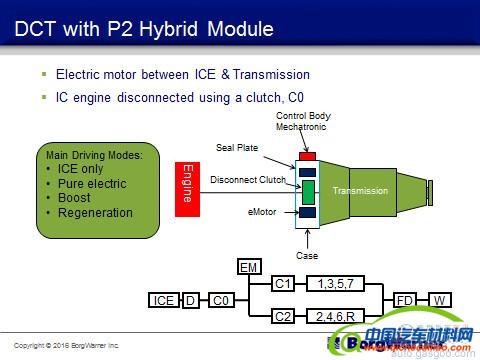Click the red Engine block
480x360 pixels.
pos(185,183)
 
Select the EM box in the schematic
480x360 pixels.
pos(249,267)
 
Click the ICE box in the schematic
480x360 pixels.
pos(163,300)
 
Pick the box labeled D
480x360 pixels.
pos(190,300)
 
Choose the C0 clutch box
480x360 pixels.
pos(219,300)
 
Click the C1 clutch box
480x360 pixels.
pos(283,284)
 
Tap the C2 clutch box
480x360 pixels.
pos(283,316)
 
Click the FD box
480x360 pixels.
pos(405,300)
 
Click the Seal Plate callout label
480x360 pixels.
pos(237,148)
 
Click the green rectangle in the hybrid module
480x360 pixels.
pos(308,191)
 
